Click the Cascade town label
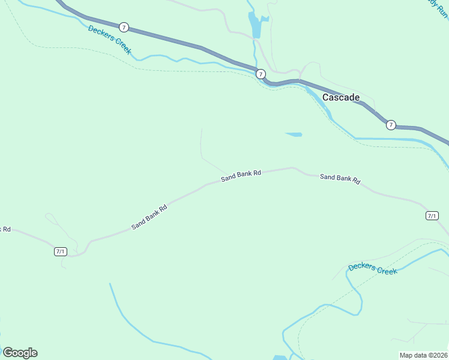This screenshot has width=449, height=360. pos(341,97)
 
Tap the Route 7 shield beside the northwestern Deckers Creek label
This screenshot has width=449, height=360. pos(124,27)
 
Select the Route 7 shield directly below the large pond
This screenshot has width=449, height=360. pos(261,74)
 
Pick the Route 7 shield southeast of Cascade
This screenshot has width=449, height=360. pos(391,125)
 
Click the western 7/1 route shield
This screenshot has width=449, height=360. pos(60,251)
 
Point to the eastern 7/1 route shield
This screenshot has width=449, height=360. pos(432,215)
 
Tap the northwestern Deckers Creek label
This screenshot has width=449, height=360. pos(109,40)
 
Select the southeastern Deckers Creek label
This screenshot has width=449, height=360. pos(372,268)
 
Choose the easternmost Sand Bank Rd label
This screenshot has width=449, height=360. pos(340,178)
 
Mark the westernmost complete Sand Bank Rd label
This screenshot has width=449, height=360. pos(149,217)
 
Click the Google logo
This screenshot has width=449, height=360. pos(20,352)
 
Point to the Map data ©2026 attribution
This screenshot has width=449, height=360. pos(423,355)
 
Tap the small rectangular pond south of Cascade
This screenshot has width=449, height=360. pos(294,134)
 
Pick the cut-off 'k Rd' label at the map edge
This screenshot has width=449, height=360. pos(5,229)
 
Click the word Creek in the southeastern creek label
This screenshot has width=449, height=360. pos(387,270)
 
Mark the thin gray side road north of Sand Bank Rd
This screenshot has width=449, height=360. pos(202,147)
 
